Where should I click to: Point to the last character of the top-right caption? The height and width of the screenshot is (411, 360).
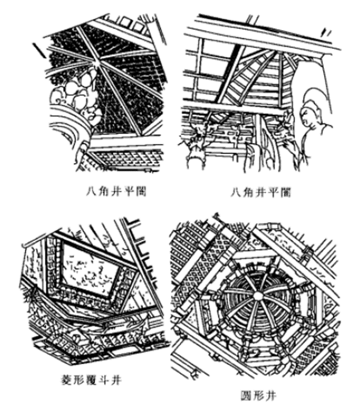pos(288,192)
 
